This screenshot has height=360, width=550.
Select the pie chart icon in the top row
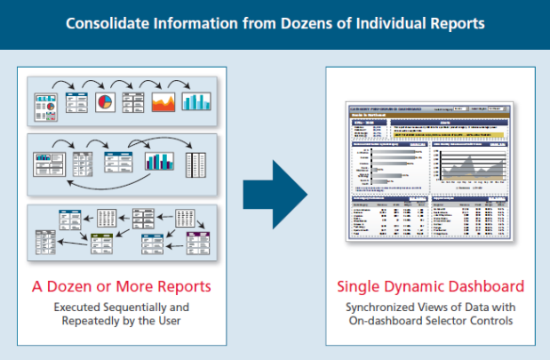coord(108,100)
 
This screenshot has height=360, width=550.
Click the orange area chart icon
coord(165,100)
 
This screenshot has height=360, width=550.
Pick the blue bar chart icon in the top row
coord(195,100)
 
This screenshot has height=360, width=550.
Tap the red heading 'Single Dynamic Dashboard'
coord(429,287)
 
